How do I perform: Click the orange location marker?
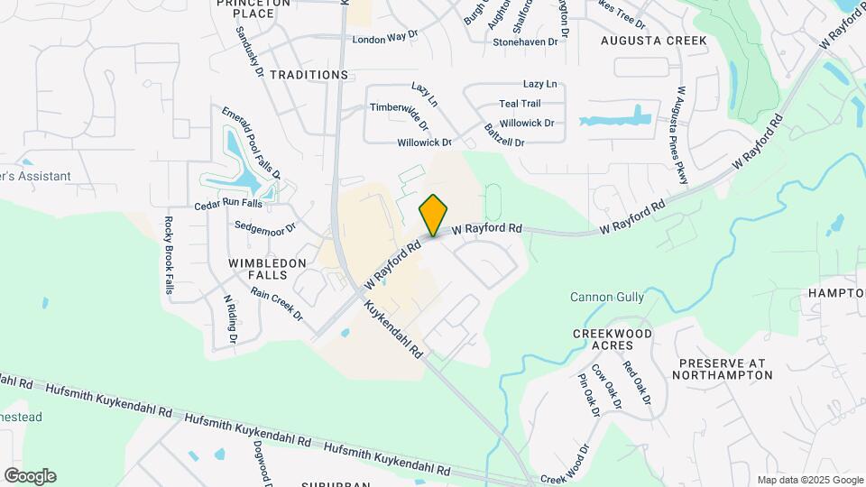(x=434, y=215)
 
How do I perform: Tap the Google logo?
(x=30, y=476)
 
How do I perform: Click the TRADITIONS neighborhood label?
(x=309, y=74)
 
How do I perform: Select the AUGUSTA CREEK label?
(x=655, y=41)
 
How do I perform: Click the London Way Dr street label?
(x=386, y=39)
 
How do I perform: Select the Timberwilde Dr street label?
(x=398, y=107)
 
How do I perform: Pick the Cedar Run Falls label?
(x=227, y=206)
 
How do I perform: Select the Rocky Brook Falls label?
(x=168, y=255)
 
